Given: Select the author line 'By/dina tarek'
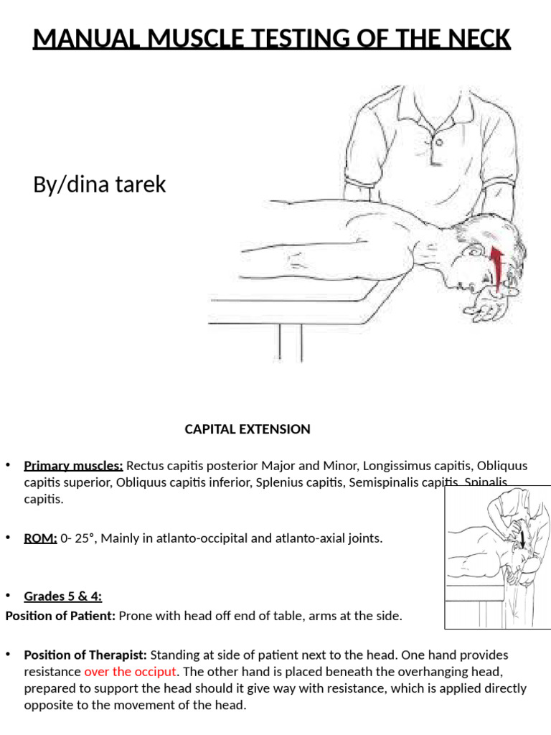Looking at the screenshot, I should point(99,184).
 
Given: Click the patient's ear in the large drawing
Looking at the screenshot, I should point(476,253).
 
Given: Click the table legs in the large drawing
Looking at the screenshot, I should point(287,343).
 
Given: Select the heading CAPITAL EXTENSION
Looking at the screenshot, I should point(248,429).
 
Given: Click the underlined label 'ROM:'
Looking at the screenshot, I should point(40,538).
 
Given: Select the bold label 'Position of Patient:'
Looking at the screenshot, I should point(60,615).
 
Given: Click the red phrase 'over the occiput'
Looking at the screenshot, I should point(130,672).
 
